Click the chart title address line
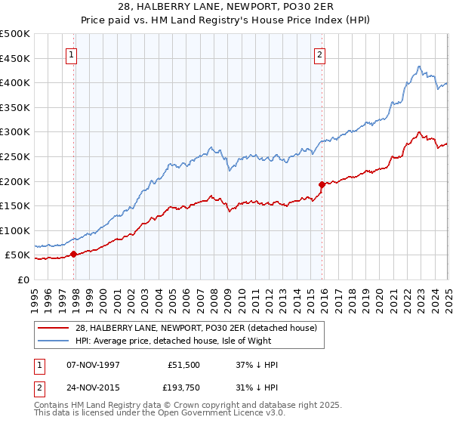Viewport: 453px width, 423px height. point(226,8)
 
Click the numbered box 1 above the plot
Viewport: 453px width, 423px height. point(70,54)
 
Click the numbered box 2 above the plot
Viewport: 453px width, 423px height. point(320,54)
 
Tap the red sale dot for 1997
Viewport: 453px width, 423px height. point(73,255)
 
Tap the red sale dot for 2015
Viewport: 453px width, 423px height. point(322,184)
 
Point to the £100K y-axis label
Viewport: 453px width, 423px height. point(15,230)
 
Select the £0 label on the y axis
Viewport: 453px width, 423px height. point(24,279)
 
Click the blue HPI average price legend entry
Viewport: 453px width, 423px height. point(189,341)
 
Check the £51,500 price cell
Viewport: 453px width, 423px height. point(184,365)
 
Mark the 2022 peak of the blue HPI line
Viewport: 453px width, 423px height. point(418,66)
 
